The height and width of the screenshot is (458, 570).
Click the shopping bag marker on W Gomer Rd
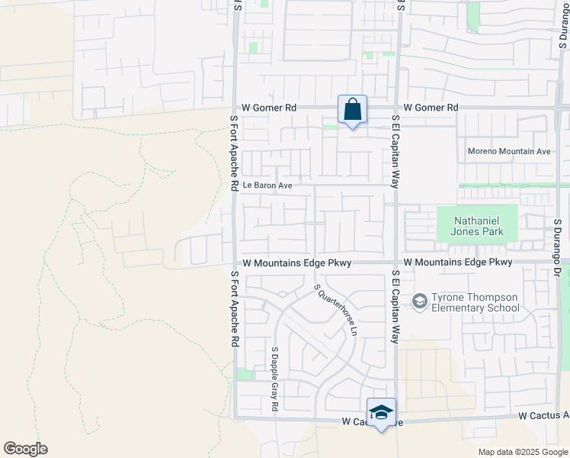(352, 110)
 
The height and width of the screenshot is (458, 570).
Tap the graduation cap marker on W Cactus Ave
(381, 413)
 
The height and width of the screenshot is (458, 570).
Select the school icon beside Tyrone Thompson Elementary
(419, 302)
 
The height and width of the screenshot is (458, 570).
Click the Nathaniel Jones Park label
(476, 226)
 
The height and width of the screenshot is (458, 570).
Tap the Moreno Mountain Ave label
(508, 151)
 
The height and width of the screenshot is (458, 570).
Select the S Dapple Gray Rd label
(274, 379)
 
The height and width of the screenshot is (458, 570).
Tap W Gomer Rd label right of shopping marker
(431, 108)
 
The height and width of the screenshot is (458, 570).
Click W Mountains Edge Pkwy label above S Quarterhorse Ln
(297, 263)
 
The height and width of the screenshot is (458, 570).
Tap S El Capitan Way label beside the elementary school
(395, 307)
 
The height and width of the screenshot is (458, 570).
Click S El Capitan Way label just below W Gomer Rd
(395, 151)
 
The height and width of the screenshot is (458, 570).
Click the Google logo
(25, 449)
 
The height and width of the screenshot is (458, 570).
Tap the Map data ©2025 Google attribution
(523, 452)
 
